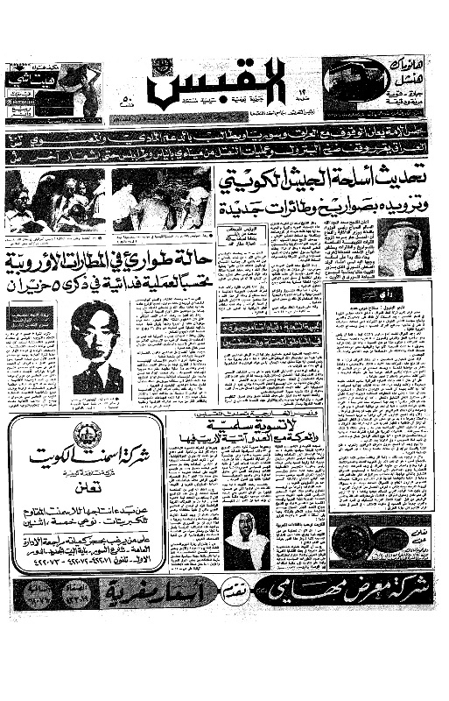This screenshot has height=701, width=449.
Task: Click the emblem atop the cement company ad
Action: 88,435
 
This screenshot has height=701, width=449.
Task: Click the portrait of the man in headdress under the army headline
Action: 398,246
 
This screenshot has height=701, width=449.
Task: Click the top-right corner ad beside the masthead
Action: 376,87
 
